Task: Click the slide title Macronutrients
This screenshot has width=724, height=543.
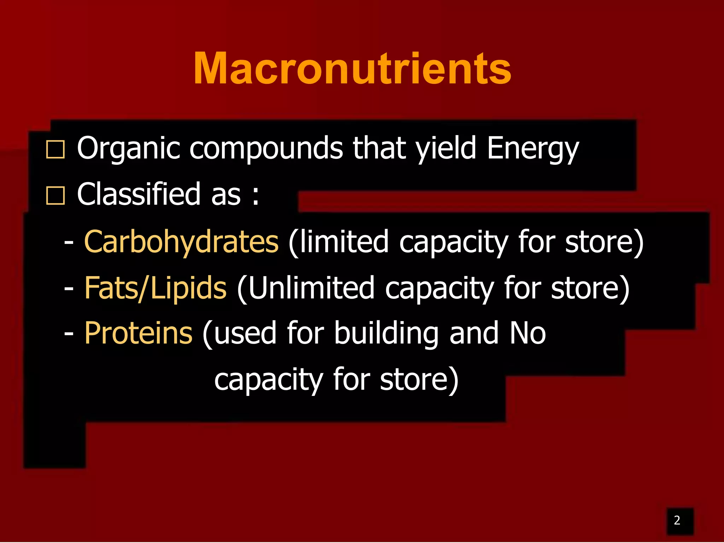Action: pyautogui.click(x=352, y=69)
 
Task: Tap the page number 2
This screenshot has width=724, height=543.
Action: pyautogui.click(x=677, y=520)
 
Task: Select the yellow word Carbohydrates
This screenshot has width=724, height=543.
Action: pyautogui.click(x=181, y=242)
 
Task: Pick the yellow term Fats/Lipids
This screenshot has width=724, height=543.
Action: pyautogui.click(x=155, y=288)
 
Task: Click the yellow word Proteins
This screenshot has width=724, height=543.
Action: pyautogui.click(x=138, y=333)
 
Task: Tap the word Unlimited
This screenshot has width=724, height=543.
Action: pyautogui.click(x=306, y=288)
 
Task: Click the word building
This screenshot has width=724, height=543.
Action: pyautogui.click(x=386, y=333)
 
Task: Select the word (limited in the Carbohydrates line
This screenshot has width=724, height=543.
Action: pyautogui.click(x=338, y=242)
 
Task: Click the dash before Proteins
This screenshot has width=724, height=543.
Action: pyautogui.click(x=69, y=334)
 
